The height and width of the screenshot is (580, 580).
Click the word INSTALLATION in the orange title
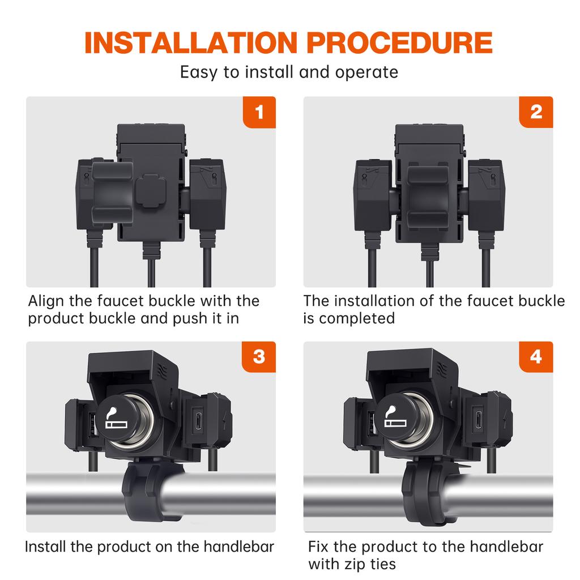point(191,43)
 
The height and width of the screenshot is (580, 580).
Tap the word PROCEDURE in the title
point(399,43)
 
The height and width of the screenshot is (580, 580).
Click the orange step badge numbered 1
point(259,112)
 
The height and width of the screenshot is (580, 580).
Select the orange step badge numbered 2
point(536,112)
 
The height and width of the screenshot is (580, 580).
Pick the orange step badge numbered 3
point(259,357)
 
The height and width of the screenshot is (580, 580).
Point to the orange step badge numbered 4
point(536,357)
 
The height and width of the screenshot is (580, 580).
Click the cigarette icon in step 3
point(116,418)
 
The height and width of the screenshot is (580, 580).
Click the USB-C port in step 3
point(199,421)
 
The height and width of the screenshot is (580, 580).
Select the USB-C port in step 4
point(479,420)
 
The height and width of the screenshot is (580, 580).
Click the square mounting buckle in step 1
point(151,191)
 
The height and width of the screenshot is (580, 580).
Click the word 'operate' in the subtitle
point(366,72)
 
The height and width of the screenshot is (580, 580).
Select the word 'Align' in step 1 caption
point(46,301)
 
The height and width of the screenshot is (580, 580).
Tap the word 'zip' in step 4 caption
point(356,565)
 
